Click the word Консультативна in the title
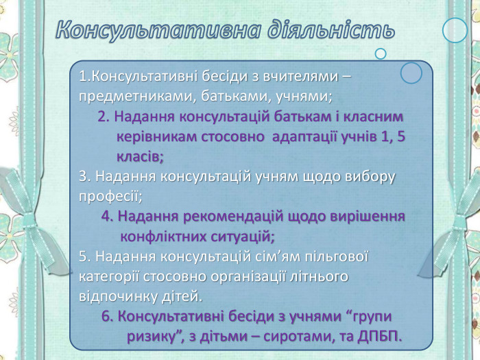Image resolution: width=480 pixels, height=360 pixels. pos(157,30)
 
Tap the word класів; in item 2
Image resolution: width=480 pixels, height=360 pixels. pos(140,156)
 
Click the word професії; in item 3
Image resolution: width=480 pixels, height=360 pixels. pos(110,197)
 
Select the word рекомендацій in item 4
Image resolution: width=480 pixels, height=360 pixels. pos(226,217)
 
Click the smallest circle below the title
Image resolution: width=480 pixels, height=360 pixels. pos(381,53)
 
